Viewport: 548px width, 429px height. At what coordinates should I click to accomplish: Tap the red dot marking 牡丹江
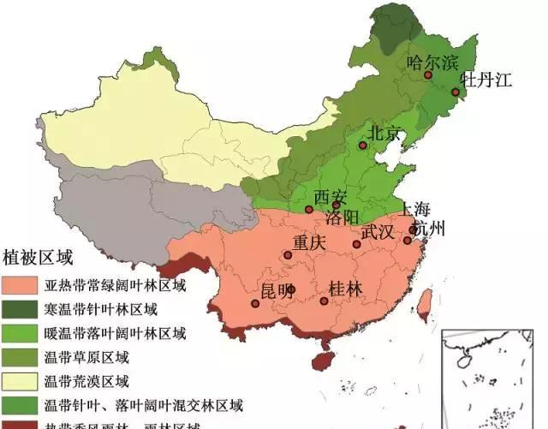456,92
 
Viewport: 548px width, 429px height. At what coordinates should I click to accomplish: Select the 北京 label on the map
384,133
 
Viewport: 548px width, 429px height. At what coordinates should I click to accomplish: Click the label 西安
331,196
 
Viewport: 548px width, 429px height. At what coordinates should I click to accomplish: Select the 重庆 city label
309,243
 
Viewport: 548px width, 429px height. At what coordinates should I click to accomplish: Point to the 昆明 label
277,288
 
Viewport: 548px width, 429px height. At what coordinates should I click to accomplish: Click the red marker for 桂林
324,301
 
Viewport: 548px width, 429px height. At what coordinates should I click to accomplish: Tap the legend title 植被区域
39,257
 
